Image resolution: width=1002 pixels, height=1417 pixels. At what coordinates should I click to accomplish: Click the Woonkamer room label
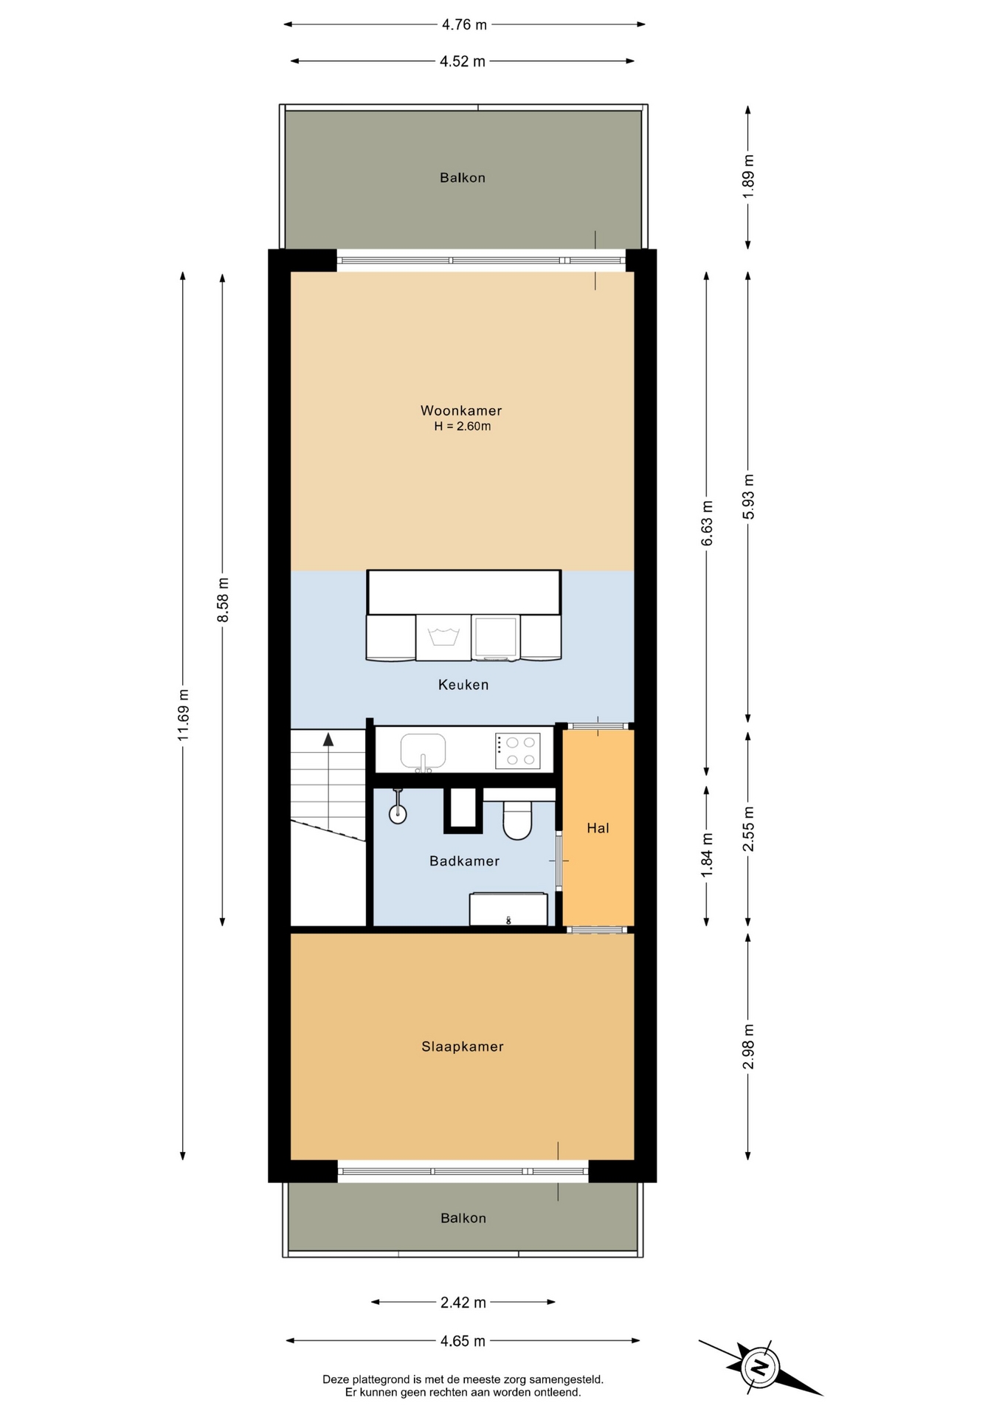click(x=461, y=410)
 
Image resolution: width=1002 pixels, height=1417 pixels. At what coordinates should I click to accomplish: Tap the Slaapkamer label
click(x=463, y=1047)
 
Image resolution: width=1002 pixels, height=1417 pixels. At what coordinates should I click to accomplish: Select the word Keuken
click(x=463, y=685)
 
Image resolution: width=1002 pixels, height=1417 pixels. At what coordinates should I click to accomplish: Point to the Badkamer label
click(x=464, y=861)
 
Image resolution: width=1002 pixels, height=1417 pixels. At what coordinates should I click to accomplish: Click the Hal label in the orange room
click(x=598, y=828)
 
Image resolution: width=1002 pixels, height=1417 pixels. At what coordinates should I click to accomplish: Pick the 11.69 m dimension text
click(x=183, y=715)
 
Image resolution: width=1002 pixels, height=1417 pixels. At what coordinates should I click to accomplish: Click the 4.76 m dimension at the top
click(x=464, y=24)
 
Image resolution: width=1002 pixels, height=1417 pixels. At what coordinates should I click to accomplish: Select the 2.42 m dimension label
click(x=463, y=1303)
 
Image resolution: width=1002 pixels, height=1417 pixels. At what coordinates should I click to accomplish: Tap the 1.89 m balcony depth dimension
click(x=748, y=176)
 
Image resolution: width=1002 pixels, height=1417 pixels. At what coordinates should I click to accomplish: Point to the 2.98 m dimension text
click(x=748, y=1047)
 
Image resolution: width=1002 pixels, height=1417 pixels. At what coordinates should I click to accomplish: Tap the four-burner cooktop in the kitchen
click(x=517, y=751)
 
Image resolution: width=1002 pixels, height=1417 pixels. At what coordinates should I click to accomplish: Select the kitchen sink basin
click(x=423, y=751)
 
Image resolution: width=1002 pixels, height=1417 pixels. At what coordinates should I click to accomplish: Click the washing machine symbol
click(x=443, y=637)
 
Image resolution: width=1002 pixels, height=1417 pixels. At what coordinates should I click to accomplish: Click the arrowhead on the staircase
click(x=328, y=739)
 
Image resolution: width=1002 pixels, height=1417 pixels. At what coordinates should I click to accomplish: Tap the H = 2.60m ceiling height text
click(x=463, y=427)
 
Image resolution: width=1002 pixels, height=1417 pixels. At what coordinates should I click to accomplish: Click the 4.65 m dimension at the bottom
click(x=463, y=1341)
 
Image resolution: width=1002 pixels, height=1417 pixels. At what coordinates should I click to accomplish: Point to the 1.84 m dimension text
click(x=707, y=855)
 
